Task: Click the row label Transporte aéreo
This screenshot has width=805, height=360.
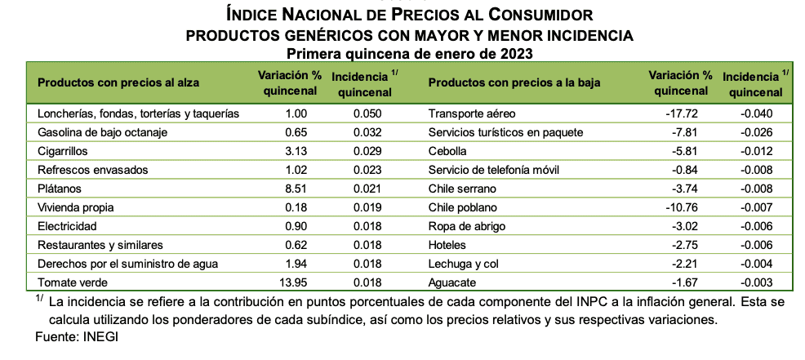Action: [471, 114]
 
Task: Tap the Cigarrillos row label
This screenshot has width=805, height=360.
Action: [63, 152]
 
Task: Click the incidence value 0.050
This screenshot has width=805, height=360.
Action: [367, 114]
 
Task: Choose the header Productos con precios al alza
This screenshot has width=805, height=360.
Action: [118, 82]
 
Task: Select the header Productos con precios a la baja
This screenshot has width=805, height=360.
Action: [514, 82]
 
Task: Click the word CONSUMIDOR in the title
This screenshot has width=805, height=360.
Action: [540, 15]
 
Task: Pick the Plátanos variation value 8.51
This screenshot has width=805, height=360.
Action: [296, 189]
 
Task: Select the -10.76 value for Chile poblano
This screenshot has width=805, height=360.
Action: [681, 208]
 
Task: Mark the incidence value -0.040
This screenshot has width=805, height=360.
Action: [756, 114]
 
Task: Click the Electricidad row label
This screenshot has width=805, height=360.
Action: [67, 226]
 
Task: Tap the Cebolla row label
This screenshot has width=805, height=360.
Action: [448, 152]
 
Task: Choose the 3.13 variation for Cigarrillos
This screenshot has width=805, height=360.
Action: [296, 152]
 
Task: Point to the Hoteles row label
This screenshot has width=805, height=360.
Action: [447, 246]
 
